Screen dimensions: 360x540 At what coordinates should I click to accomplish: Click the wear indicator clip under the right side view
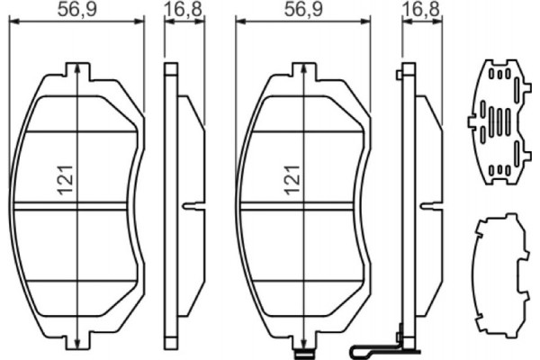click(378, 346)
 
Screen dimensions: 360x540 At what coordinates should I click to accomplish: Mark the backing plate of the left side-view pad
click(168, 207)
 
